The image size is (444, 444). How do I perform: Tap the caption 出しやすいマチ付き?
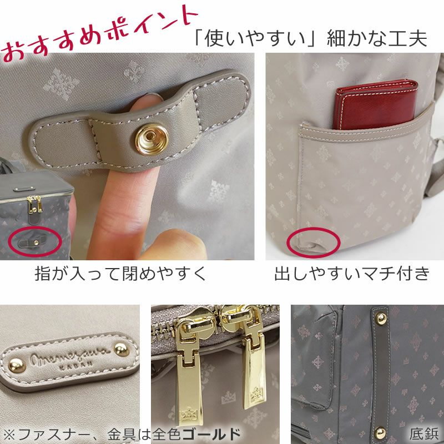coord(352,274)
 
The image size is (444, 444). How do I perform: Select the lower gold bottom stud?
coord(381,430)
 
